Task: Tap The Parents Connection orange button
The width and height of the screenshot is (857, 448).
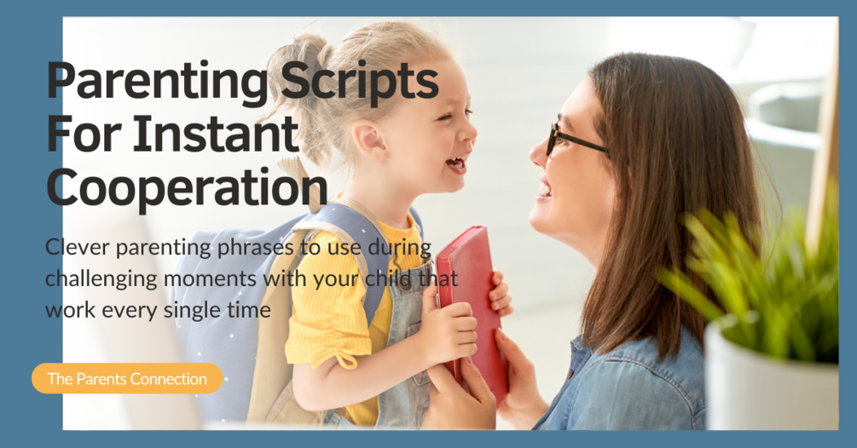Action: point(127,379)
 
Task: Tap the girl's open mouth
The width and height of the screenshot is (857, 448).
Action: point(458,163)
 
